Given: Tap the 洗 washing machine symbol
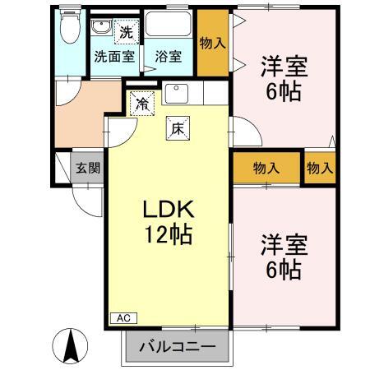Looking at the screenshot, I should pos(126,34).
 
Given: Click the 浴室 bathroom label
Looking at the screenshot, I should pos(169,58).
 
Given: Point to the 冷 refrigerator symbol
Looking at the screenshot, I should pos(142,104).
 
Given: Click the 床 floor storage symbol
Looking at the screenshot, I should pos(177,128).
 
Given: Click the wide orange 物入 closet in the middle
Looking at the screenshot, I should pos(266,168).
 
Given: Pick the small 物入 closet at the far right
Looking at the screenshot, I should pos(320,168).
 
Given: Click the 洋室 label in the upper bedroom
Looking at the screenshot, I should pos(284,65).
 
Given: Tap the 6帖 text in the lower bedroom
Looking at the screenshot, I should pos(284,268).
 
